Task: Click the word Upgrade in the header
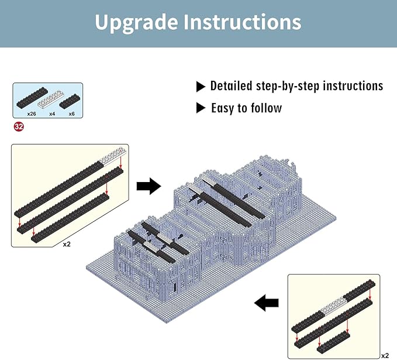(x=136, y=23)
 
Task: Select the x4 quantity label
(x=52, y=114)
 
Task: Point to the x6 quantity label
(x=71, y=114)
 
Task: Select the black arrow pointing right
(x=149, y=187)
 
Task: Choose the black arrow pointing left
(x=267, y=303)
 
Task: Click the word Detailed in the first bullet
(x=232, y=86)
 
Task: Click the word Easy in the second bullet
(x=223, y=108)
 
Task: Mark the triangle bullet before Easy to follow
(x=201, y=108)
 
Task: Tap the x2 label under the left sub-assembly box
(x=67, y=244)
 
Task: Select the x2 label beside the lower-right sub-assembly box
(x=384, y=355)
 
